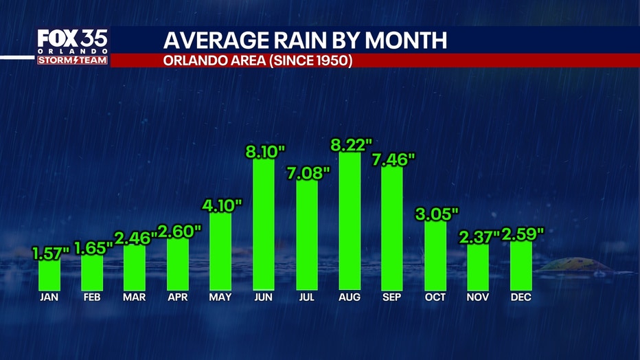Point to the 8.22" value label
coord(350,144)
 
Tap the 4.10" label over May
coord(221,204)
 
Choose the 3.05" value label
coord(436,213)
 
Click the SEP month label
coord(392,297)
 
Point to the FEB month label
coord(92,297)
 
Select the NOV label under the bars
coord(478,297)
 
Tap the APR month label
coord(178,297)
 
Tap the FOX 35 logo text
coord(72,38)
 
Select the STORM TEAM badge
coord(73,60)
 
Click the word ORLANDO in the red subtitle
coord(194,60)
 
